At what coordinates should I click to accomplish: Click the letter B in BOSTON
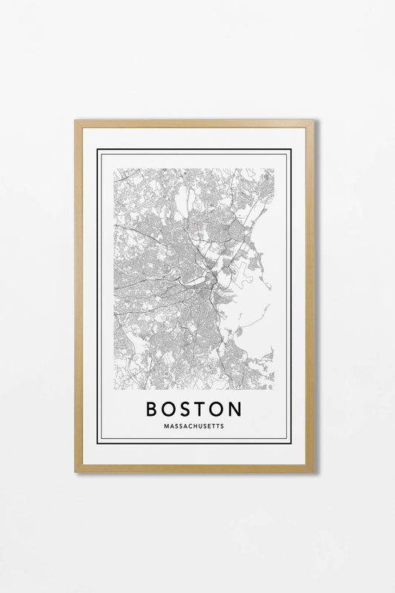[x=152, y=409]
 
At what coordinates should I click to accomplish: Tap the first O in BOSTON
[x=170, y=409]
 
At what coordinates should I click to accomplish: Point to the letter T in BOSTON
[x=202, y=409]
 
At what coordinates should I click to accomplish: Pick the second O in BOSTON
[x=219, y=409]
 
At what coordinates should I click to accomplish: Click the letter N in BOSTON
[x=236, y=409]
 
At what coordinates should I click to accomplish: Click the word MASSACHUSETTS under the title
[x=194, y=426]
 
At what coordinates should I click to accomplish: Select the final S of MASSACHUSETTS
[x=222, y=426]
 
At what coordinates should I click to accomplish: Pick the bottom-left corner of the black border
[x=98, y=443]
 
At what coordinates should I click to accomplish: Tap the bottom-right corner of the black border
[x=291, y=443]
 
